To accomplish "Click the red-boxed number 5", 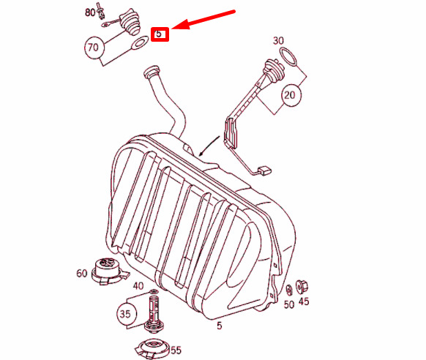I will pyautogui.click(x=160, y=34).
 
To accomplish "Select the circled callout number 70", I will pyautogui.click(x=92, y=48).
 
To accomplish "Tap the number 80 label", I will pyautogui.click(x=90, y=12).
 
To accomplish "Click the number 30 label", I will pyautogui.click(x=278, y=40).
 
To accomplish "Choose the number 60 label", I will pyautogui.click(x=81, y=274).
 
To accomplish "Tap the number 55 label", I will pyautogui.click(x=176, y=350).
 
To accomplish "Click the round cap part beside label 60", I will pyautogui.click(x=107, y=270).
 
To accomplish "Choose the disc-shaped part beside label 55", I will pyautogui.click(x=154, y=348).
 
